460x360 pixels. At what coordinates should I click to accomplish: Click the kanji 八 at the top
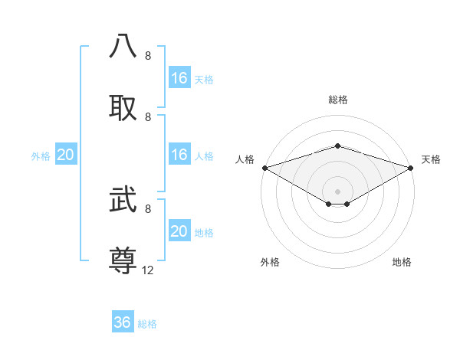123,47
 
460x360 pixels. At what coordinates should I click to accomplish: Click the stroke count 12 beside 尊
148,270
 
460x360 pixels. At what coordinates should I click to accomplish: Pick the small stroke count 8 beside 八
148,56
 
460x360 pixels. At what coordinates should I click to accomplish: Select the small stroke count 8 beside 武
148,208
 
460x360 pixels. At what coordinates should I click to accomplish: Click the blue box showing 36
123,322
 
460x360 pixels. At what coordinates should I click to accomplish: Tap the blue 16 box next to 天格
179,78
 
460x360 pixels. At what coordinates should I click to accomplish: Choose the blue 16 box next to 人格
179,155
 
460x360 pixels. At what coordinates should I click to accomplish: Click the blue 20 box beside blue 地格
179,231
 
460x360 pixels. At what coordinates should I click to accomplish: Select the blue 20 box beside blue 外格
66,155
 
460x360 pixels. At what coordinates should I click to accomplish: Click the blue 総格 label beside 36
147,324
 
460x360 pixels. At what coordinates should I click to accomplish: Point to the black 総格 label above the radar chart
337,100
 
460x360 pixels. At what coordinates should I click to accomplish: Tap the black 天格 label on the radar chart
431,159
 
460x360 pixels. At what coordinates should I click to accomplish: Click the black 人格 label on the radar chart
245,159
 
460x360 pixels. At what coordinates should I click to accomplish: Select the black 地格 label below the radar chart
402,262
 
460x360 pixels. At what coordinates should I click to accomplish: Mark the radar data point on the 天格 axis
412,167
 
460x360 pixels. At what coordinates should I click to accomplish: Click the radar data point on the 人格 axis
264,167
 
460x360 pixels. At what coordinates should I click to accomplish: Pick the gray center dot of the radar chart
337,191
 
